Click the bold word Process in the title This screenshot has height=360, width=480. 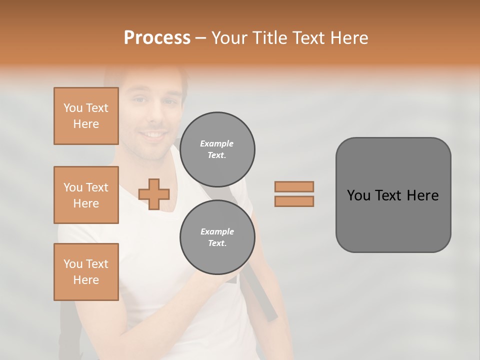(157, 38)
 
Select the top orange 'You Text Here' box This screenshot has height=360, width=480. (86, 116)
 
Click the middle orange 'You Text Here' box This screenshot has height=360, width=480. (86, 195)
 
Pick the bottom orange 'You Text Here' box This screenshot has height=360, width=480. (86, 272)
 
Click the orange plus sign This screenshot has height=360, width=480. (154, 194)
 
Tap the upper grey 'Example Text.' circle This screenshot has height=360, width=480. (217, 149)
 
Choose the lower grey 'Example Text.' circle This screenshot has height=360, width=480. (217, 237)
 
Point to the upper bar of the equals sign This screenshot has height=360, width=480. (294, 186)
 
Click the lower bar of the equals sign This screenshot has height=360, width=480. (294, 201)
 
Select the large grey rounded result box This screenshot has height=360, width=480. (393, 195)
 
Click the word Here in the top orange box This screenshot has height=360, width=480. (86, 124)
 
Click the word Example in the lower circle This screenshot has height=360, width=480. (217, 231)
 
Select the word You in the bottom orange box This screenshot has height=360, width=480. (73, 264)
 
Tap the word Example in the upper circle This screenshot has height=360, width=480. (217, 143)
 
